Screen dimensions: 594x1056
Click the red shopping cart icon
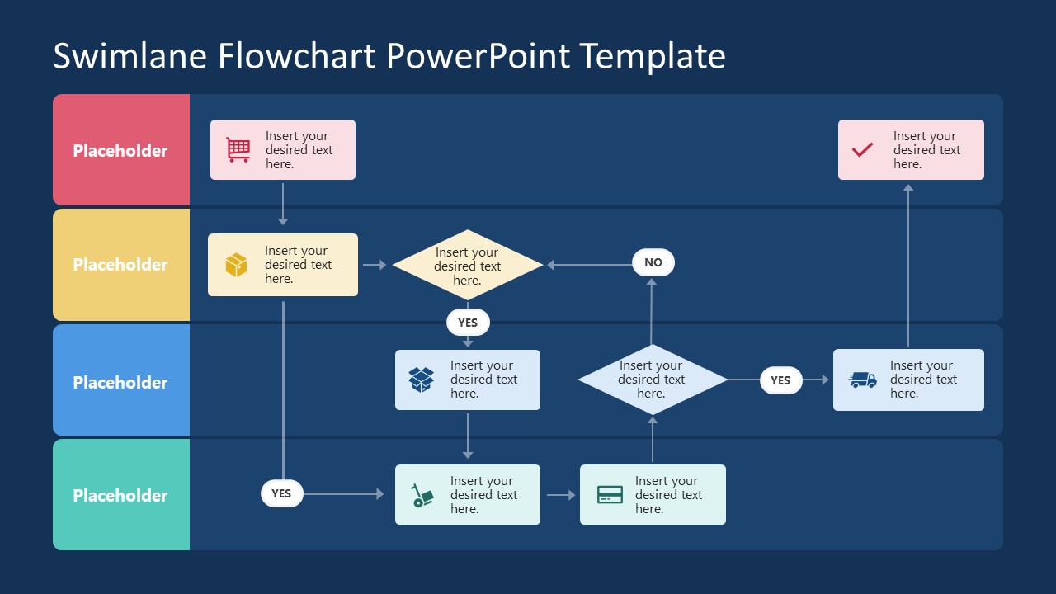pyautogui.click(x=238, y=149)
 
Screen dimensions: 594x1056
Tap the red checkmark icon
pyautogui.click(x=862, y=149)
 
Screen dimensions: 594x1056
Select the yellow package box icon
pyautogui.click(x=237, y=265)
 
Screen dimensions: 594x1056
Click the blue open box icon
pyautogui.click(x=422, y=379)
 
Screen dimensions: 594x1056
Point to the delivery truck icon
pyautogui.click(x=863, y=379)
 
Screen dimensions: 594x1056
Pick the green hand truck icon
pyautogui.click(x=422, y=495)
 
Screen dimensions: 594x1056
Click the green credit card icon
pyautogui.click(x=610, y=495)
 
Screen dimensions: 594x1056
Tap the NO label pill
pyautogui.click(x=653, y=262)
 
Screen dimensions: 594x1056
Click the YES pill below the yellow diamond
pyautogui.click(x=468, y=323)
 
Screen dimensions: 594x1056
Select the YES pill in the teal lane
pyautogui.click(x=281, y=493)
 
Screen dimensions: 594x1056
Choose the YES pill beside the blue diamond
pyautogui.click(x=780, y=380)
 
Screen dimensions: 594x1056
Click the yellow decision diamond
pyautogui.click(x=468, y=265)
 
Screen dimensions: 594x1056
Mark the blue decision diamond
pyautogui.click(x=652, y=379)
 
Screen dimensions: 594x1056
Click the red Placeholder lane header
pyautogui.click(x=120, y=150)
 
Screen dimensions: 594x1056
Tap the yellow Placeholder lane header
pyautogui.click(x=120, y=265)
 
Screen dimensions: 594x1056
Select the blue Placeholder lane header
pyautogui.click(x=120, y=382)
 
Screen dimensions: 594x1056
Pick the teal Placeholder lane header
pyautogui.click(x=120, y=495)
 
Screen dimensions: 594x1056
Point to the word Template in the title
pyautogui.click(x=652, y=56)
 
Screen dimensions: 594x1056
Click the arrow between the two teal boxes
pyautogui.click(x=561, y=495)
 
